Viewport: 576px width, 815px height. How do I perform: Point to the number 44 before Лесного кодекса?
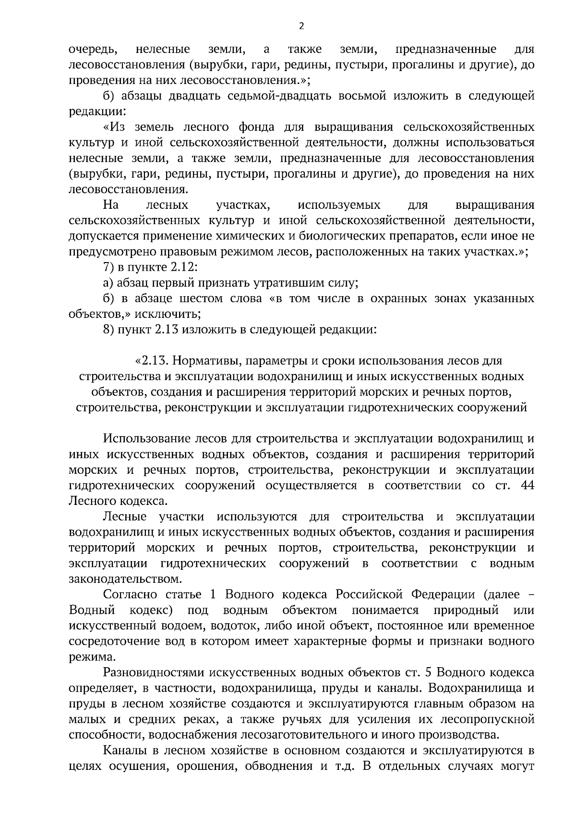(x=527, y=485)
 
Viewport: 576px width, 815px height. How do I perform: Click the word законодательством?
(x=126, y=579)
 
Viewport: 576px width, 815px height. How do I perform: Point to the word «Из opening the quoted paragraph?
(x=116, y=127)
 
